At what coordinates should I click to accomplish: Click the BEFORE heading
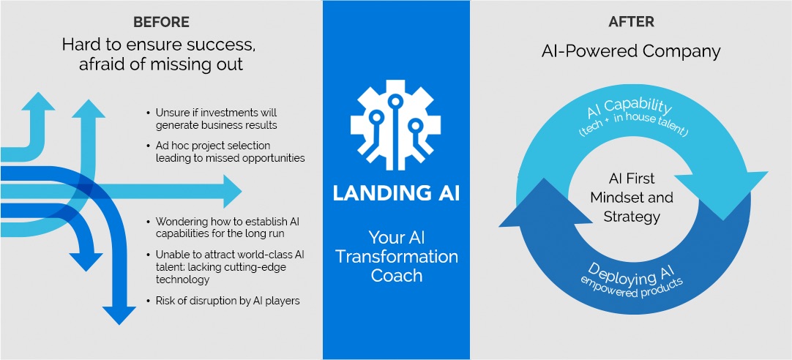coord(161,22)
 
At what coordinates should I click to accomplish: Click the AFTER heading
coord(632,22)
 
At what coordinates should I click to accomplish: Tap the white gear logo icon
coord(396,124)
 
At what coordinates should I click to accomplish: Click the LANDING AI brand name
coord(396,194)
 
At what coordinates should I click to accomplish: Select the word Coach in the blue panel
coord(397,275)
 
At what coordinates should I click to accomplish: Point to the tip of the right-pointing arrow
coord(242,192)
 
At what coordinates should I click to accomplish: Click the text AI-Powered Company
coord(631,51)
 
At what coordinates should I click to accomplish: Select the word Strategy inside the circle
coord(632,217)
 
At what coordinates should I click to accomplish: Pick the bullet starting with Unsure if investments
coord(212,119)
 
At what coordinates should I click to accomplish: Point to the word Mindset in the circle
coord(632,197)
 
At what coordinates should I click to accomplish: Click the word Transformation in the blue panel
coord(397,256)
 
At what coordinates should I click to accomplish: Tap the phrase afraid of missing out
coord(161,64)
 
